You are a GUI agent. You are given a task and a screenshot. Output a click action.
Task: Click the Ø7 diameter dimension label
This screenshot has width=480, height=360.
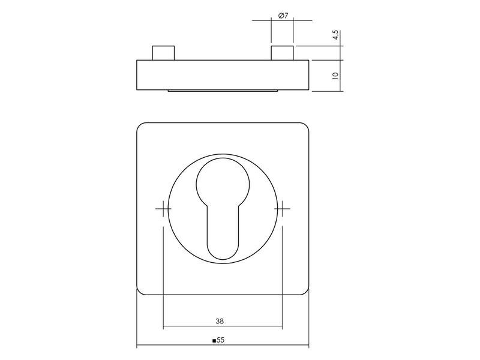click(283, 16)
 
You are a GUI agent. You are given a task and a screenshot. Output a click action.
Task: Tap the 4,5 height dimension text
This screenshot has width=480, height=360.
click(335, 35)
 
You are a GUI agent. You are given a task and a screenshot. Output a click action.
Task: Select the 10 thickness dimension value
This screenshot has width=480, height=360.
click(335, 76)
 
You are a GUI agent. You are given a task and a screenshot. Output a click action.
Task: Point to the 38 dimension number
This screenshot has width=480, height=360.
click(220, 321)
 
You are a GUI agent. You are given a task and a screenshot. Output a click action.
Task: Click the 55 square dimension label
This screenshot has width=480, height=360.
click(220, 340)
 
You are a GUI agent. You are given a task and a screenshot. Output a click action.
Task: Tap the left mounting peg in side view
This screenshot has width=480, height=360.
click(163, 53)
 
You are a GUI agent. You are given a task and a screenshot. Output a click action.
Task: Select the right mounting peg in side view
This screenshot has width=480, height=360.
click(282, 53)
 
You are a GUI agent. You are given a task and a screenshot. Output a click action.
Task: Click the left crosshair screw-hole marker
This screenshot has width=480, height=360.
click(163, 208)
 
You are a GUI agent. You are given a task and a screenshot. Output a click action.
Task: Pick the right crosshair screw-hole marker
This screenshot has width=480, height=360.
click(282, 208)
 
